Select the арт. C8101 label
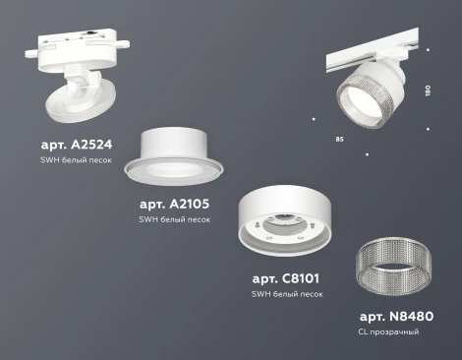285,277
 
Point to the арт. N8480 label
396,316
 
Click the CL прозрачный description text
388,332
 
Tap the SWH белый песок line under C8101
286,293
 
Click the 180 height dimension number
428,91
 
